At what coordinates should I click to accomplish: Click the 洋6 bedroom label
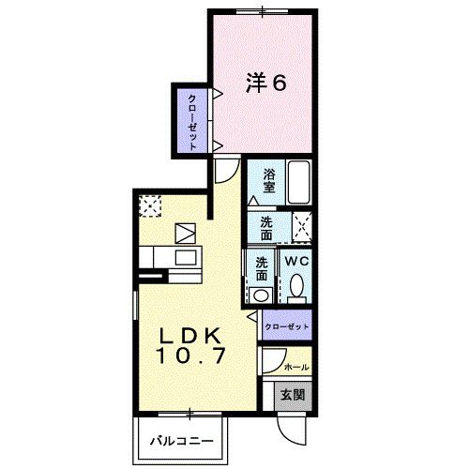266,83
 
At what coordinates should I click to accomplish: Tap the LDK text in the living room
190,336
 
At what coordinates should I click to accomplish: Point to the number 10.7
190,356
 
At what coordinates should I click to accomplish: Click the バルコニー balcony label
182,441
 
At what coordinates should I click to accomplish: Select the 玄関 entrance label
293,395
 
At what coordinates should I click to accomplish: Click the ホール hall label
296,367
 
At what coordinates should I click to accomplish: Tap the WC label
296,261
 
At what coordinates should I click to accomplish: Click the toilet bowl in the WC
296,285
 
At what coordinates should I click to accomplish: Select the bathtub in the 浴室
298,182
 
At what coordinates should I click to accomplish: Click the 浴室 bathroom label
269,180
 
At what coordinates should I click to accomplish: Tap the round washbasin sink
261,295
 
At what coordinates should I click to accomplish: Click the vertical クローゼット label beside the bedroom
192,122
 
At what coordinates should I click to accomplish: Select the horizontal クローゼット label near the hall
287,327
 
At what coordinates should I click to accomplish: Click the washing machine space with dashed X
302,227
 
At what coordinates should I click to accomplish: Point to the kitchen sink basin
186,258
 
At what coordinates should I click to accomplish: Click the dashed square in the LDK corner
150,205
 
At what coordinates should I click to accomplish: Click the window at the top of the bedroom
262,12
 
